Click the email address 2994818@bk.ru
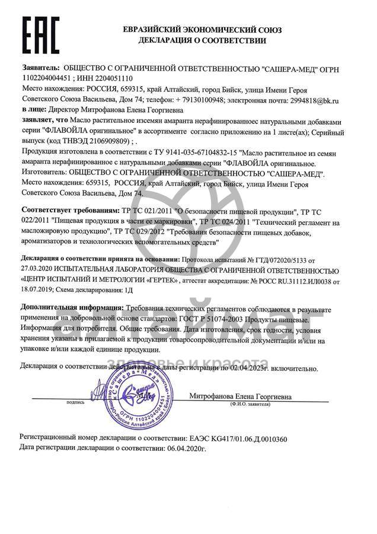(309, 101)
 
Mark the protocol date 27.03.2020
(38, 269)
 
